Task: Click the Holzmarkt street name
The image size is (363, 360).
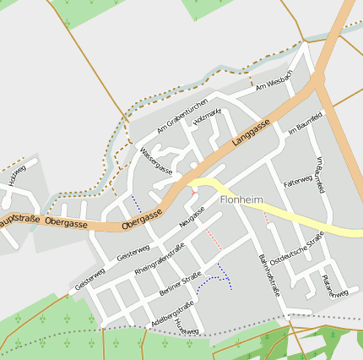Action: (207, 117)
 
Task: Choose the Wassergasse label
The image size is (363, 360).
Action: (156, 161)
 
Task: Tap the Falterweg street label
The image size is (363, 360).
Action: (298, 181)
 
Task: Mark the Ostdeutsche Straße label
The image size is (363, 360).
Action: (302, 250)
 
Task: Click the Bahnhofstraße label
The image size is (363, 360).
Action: (268, 271)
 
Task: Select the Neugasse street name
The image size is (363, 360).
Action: (192, 216)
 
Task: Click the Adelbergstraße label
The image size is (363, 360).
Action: (171, 314)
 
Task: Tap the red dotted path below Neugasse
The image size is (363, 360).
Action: (214, 237)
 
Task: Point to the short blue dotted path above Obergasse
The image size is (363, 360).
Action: (136, 204)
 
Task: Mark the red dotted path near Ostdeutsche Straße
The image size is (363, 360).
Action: (266, 217)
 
